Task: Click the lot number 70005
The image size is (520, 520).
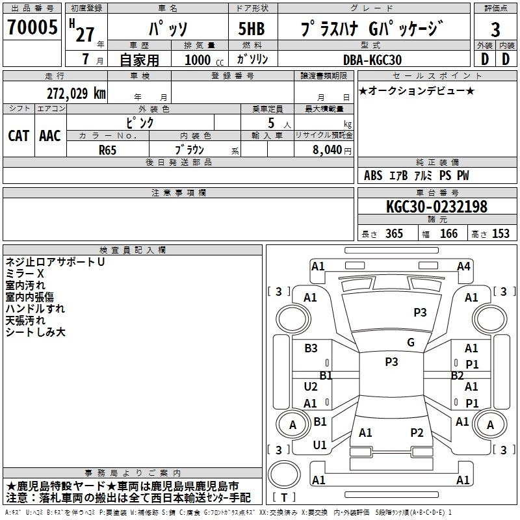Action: click(x=31, y=29)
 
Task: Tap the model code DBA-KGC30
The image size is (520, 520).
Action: click(x=372, y=60)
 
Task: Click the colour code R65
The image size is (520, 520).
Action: click(x=108, y=149)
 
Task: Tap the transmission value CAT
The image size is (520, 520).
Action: click(x=18, y=136)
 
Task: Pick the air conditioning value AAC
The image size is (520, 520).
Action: click(x=49, y=136)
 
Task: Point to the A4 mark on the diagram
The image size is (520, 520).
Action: click(x=463, y=266)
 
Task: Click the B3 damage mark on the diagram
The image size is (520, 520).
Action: click(x=311, y=348)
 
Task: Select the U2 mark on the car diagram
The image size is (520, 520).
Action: click(x=311, y=386)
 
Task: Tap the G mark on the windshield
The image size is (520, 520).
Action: click(x=410, y=343)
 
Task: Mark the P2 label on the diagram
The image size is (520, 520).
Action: click(x=417, y=432)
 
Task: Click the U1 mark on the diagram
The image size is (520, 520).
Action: click(x=319, y=445)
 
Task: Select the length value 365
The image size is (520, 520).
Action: click(x=393, y=233)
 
